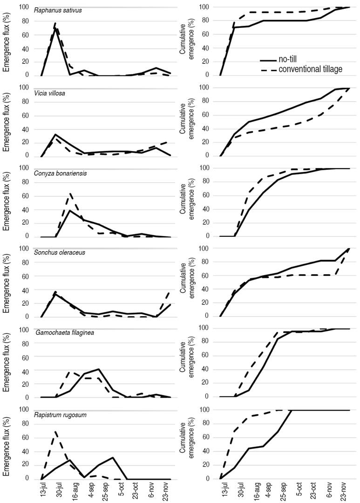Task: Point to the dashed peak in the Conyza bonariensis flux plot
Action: (70, 193)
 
